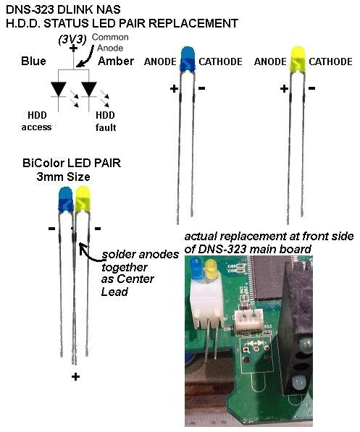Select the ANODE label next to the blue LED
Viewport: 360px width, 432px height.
[160, 62]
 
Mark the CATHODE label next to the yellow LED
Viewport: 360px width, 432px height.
[331, 62]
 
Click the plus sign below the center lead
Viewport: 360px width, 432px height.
[75, 376]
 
